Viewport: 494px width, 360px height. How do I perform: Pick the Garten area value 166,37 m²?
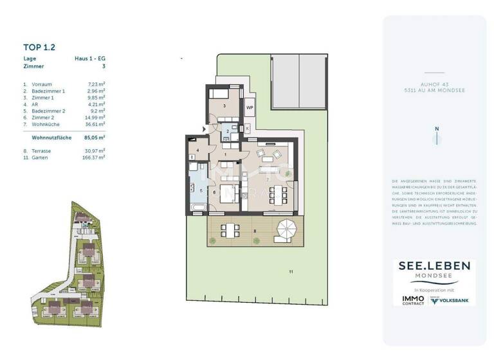click(95, 157)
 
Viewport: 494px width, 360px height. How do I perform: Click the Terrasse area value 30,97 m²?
click(96, 150)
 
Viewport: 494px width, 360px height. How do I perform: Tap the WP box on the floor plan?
click(250, 108)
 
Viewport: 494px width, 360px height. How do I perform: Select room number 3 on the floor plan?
click(224, 105)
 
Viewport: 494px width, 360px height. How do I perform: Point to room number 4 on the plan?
click(198, 151)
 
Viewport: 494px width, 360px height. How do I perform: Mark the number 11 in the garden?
click(291, 273)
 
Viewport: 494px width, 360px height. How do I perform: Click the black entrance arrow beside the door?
click(205, 129)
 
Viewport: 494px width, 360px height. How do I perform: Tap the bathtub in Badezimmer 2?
click(198, 207)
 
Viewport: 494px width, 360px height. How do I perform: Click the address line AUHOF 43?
click(434, 83)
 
